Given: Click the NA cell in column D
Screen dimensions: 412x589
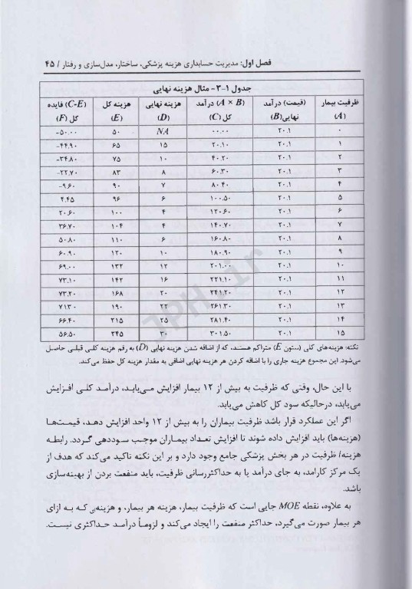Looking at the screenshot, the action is [x=163, y=133].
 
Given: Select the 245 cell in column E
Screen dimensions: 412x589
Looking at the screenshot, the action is [x=115, y=334].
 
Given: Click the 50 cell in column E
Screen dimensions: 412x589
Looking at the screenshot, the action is [x=115, y=133].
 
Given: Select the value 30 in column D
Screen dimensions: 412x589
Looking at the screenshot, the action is [x=163, y=334].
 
